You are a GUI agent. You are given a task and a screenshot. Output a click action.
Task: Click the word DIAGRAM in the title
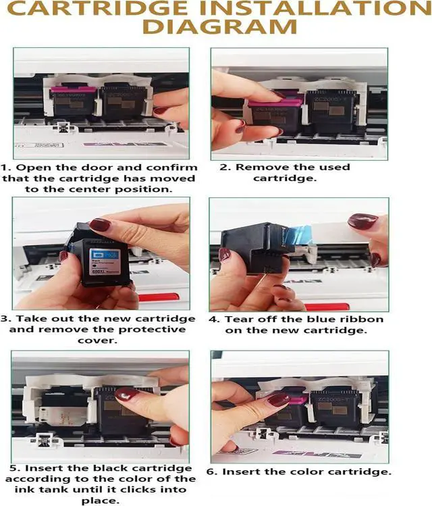coord(219,27)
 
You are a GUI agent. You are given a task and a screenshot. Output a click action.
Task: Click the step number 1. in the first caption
coord(6,168)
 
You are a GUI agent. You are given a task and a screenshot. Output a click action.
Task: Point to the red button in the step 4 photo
coord(327,307)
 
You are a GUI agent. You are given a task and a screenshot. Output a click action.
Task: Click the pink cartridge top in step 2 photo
coord(275,103)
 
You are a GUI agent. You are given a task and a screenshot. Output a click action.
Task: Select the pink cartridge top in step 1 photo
coord(72,89)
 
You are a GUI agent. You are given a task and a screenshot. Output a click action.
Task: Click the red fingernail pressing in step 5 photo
coord(127,395)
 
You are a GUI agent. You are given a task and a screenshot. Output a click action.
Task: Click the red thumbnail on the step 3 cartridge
coord(100,224)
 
